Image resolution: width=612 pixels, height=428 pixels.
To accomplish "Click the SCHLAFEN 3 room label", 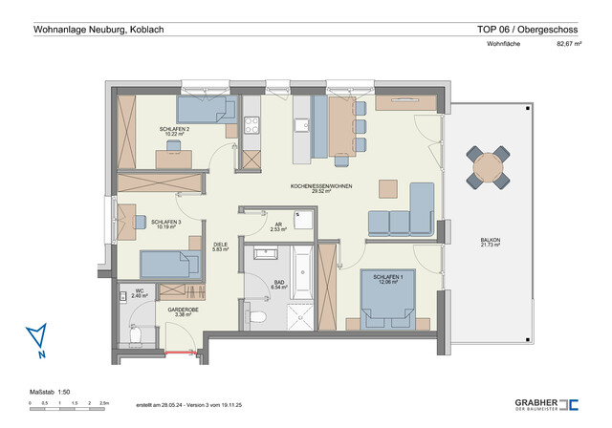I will [166, 224].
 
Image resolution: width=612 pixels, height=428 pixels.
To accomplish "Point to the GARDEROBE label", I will [182, 311].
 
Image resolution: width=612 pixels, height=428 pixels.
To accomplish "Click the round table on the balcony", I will [488, 168].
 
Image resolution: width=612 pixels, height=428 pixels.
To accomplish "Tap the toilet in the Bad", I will [256, 316].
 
